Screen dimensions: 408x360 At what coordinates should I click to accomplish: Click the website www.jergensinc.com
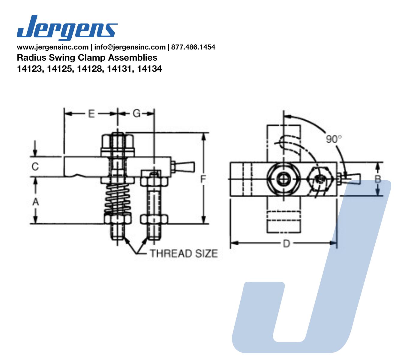53,47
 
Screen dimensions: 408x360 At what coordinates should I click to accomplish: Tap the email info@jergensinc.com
130,47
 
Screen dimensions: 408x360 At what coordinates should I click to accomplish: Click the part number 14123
30,69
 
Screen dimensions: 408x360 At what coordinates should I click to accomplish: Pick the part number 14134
149,69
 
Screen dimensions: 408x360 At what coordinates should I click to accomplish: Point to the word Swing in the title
62,58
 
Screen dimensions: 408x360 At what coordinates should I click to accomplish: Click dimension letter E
91,114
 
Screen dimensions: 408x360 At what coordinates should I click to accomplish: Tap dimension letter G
136,114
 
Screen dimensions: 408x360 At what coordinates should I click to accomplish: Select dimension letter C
35,167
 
